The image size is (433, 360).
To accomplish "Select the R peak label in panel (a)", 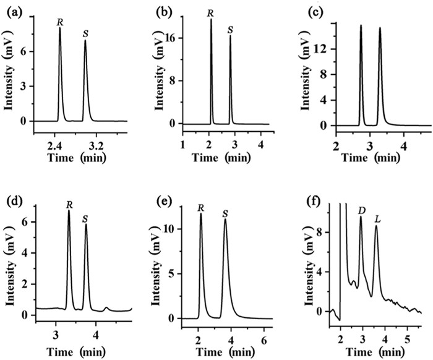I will [x=60, y=22].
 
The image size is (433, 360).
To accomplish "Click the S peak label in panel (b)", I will [x=230, y=30].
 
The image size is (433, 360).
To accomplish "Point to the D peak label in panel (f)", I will [x=361, y=211].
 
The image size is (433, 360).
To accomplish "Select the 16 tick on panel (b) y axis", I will [x=171, y=38].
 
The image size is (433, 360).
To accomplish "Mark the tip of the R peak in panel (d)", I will [x=69, y=210].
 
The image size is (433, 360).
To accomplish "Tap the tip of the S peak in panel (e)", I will [x=225, y=219].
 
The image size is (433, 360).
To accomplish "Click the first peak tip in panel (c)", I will [x=361, y=25].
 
